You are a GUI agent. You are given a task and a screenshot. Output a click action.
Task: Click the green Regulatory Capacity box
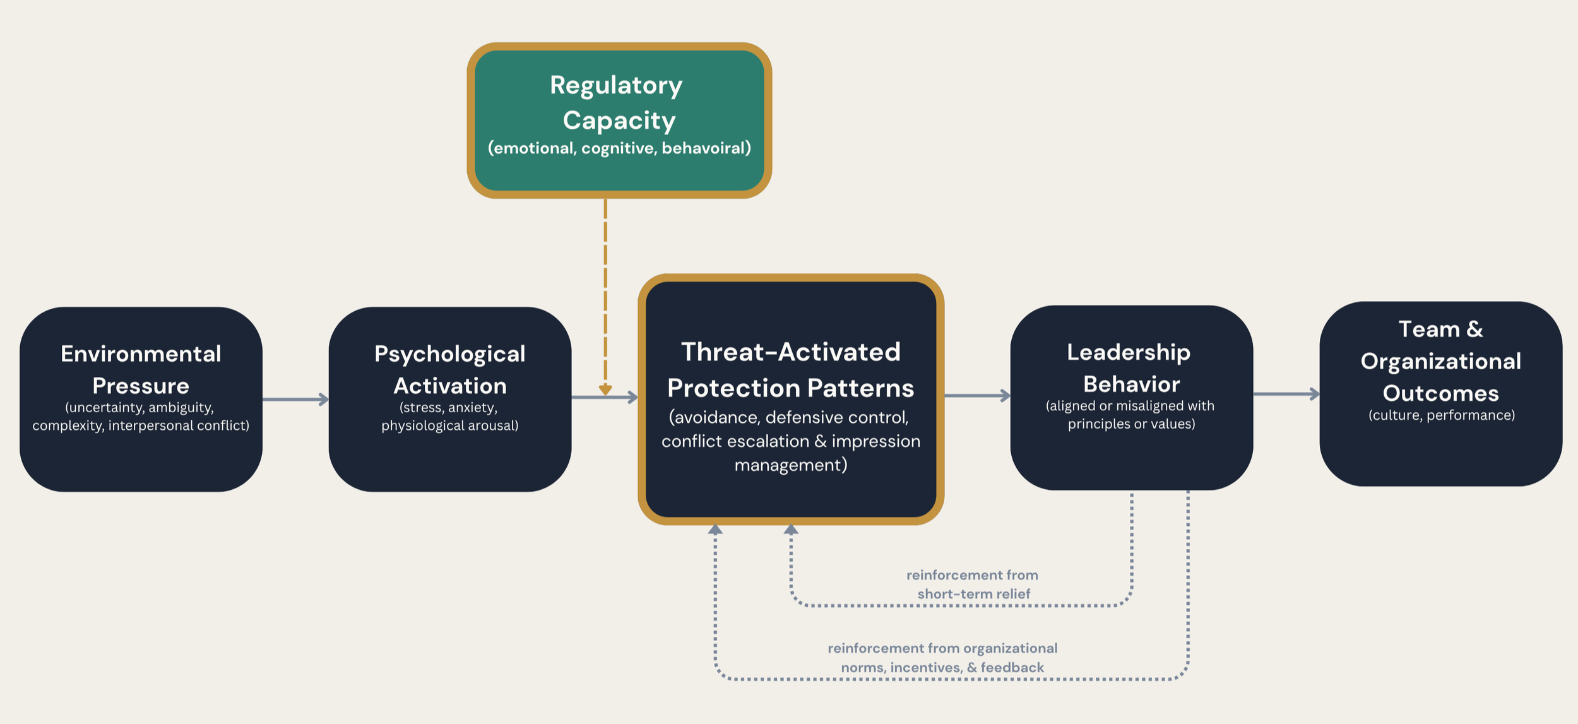(619, 120)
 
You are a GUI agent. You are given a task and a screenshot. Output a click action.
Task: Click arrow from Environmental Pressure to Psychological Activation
(295, 399)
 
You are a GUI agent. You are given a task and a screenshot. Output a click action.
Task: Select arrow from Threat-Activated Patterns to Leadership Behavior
(977, 396)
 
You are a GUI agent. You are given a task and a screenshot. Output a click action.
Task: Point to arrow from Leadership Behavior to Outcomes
(1286, 394)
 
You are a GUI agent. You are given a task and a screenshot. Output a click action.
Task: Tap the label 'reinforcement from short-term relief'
(973, 584)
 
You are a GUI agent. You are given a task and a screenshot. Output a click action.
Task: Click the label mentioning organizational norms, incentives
(942, 657)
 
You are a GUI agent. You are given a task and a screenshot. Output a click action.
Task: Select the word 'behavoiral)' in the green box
(706, 148)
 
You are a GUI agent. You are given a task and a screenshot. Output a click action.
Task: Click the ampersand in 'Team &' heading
(1474, 329)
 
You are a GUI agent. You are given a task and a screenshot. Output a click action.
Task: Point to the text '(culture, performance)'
(1441, 415)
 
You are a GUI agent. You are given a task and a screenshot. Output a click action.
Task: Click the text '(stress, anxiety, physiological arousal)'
(449, 417)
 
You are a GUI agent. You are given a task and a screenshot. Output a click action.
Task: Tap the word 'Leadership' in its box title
(1129, 352)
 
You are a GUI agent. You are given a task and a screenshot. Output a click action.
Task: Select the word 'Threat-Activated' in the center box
(790, 352)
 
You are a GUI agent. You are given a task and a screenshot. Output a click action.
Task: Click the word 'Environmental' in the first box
(141, 353)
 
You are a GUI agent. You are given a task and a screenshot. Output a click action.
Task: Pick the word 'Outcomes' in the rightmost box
(1440, 393)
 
